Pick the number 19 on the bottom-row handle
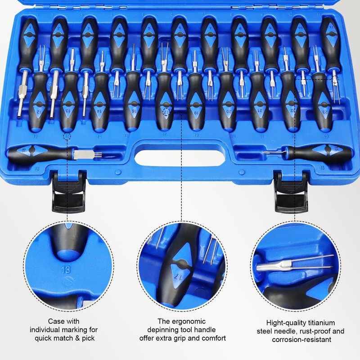click(195, 110)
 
